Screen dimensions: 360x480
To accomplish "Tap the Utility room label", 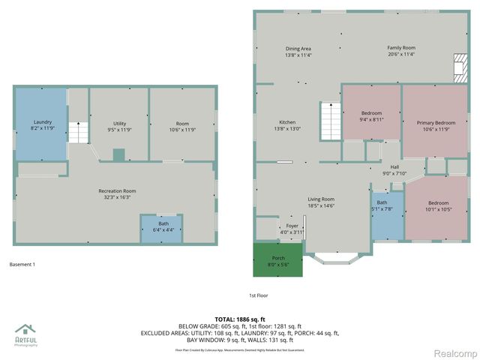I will (x=119, y=125).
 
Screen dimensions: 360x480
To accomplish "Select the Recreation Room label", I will (x=117, y=194).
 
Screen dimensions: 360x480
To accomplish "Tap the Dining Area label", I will (x=298, y=52).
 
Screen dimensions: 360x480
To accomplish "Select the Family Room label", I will (x=401, y=51).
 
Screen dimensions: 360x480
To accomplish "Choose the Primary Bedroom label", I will (x=436, y=125).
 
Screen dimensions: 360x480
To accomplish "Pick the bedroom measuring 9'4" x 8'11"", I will (x=371, y=115).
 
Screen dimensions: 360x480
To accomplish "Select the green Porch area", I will (x=277, y=260).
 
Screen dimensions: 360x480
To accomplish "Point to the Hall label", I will (x=394, y=170).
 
